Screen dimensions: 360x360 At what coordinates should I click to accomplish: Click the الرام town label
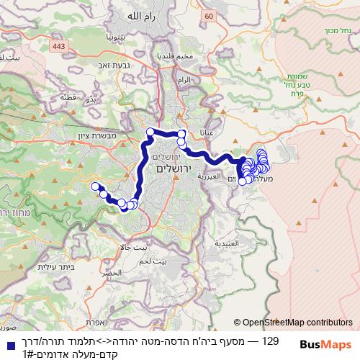click(185, 80)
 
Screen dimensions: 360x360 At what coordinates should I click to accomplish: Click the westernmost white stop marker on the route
click(94, 187)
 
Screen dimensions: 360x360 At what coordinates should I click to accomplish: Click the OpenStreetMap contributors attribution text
click(297, 323)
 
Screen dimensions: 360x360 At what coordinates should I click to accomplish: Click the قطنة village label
click(68, 97)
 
